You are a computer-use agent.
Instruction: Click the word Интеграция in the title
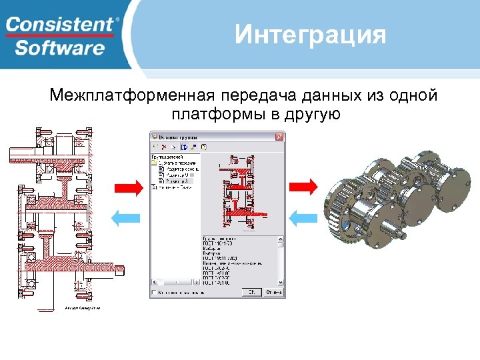pos(310,35)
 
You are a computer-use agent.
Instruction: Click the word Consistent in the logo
pos(60,25)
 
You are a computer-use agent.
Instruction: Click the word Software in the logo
pos(60,48)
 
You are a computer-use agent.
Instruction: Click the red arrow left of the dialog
pos(129,188)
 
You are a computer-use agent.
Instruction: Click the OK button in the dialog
pos(251,292)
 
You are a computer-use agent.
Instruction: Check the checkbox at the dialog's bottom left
pos(154,292)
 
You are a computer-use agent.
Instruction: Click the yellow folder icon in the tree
pos(153,163)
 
